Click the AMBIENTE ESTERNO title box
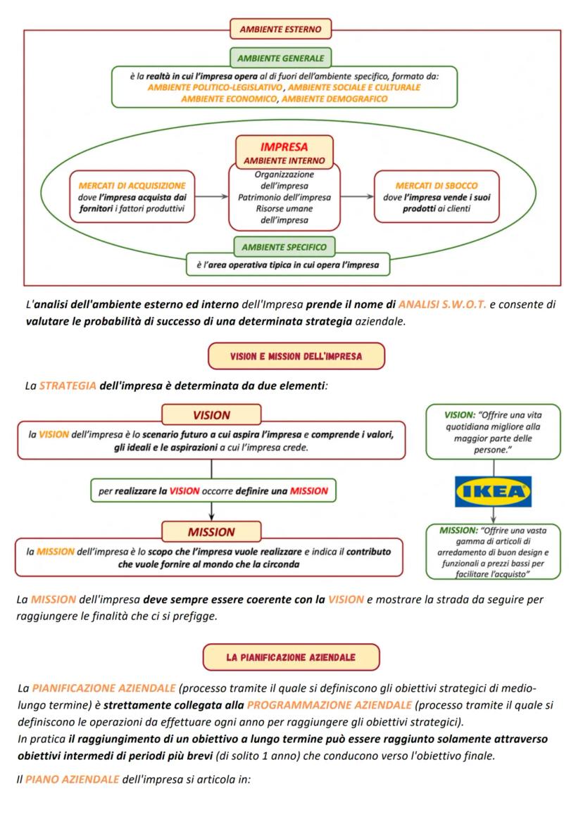click(280, 30)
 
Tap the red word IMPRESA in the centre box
click(284, 147)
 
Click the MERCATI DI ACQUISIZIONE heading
click(132, 186)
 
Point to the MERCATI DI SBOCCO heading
click(437, 186)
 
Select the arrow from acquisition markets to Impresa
click(212, 197)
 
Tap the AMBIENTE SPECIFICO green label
click(284, 247)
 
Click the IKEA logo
click(493, 491)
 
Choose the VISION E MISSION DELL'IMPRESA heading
click(296, 356)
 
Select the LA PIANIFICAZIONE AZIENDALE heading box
click(291, 657)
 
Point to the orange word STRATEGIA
click(68, 387)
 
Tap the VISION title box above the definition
click(211, 414)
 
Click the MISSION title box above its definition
click(211, 531)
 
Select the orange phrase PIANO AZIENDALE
click(71, 779)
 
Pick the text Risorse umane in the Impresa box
click(284, 209)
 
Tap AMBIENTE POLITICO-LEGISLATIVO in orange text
click(215, 87)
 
